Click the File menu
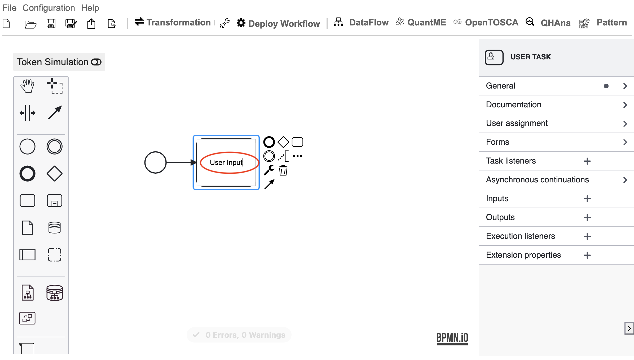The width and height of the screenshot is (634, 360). click(x=10, y=8)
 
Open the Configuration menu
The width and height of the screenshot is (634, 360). click(x=49, y=8)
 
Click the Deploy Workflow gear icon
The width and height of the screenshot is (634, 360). click(x=241, y=23)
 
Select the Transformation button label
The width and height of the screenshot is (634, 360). click(x=179, y=23)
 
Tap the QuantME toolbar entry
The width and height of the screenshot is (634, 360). click(x=421, y=23)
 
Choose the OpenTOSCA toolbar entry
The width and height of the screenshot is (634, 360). click(x=486, y=23)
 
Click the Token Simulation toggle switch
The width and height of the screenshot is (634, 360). click(x=96, y=62)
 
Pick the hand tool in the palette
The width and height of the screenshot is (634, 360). click(x=27, y=86)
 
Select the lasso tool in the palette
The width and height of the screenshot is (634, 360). click(x=55, y=86)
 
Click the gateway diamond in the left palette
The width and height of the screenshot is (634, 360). click(x=55, y=174)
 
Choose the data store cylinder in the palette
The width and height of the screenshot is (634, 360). click(x=55, y=228)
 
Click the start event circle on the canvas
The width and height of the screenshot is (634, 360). click(x=155, y=163)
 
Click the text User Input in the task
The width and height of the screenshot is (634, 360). click(x=226, y=163)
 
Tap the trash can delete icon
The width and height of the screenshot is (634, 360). click(x=283, y=170)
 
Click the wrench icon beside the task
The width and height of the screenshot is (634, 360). click(x=269, y=170)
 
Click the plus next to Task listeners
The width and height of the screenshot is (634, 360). click(x=587, y=161)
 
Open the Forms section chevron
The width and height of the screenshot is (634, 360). click(x=625, y=142)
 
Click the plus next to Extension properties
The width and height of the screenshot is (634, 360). click(x=587, y=255)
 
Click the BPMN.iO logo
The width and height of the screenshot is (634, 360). click(x=452, y=339)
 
